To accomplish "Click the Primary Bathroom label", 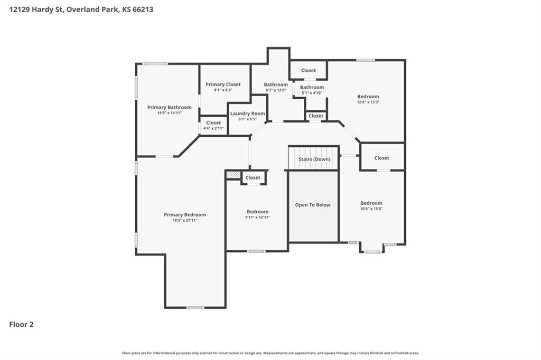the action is click(169, 107).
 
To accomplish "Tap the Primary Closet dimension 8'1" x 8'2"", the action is click(223, 90).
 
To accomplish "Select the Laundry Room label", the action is click(247, 113).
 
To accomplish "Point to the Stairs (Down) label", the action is click(314, 159).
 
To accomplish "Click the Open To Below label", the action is click(313, 205).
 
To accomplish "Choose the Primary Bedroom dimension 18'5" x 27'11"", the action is click(185, 220).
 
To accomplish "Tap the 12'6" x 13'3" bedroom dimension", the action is click(368, 102).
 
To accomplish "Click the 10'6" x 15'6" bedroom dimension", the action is click(371, 209).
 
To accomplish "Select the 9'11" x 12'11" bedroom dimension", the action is click(257, 217).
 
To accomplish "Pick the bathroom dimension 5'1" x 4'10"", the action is click(312, 93).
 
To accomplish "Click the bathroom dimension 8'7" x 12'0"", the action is click(276, 90).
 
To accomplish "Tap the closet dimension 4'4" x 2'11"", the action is click(213, 128).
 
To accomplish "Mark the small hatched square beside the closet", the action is click(233, 175).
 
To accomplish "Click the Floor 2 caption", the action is click(21, 325).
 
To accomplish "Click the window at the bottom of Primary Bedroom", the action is click(195, 308).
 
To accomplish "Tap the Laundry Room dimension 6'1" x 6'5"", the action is click(247, 119).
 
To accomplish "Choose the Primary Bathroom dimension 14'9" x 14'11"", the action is click(169, 113).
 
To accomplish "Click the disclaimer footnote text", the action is click(270, 353).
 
